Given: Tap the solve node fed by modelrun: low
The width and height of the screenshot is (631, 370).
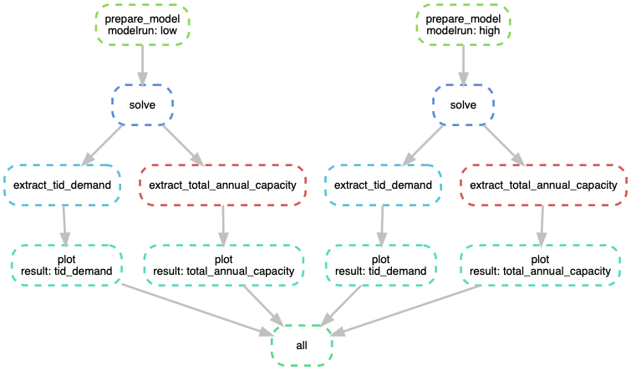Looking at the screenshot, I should [x=142, y=104].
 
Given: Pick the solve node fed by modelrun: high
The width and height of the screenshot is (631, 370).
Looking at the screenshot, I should [x=463, y=104].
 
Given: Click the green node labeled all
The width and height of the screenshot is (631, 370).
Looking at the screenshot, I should [x=302, y=345].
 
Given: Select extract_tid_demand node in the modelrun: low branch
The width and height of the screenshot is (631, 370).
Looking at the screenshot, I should [x=64, y=185].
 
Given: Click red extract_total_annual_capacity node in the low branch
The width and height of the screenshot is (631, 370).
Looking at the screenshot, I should [x=222, y=185].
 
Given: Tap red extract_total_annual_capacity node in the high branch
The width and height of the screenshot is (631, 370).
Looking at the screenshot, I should [x=543, y=185].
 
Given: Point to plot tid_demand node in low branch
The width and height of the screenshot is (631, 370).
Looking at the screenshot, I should [x=67, y=265].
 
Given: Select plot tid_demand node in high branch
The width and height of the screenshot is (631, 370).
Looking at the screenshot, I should [x=380, y=265].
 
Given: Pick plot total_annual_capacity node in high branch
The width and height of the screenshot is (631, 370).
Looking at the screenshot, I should [x=542, y=265].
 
